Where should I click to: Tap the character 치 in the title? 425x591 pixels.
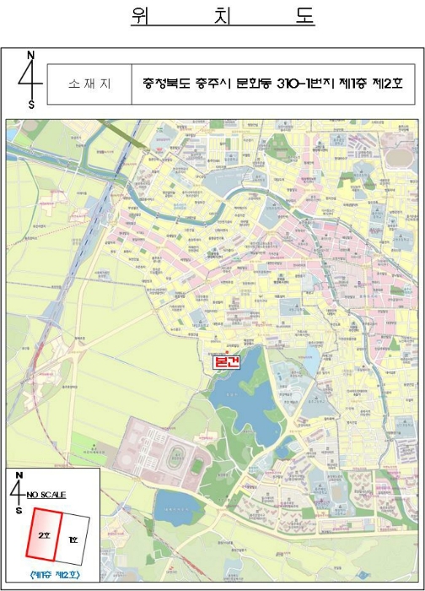tap(223, 17)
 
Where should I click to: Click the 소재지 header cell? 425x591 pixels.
tap(89, 84)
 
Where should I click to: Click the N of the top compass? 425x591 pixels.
tap(31, 56)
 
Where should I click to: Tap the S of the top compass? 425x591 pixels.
tap(31, 105)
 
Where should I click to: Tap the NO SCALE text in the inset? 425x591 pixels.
tap(46, 494)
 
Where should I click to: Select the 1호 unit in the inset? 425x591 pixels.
tap(74, 539)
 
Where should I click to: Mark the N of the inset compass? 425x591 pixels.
tap(19, 476)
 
